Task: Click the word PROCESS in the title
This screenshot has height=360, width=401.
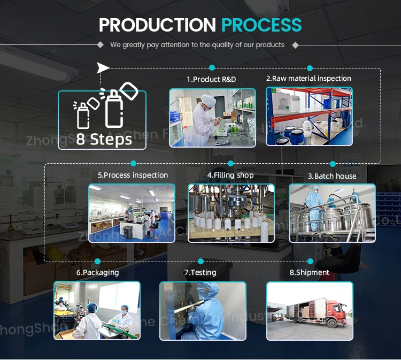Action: click(x=261, y=25)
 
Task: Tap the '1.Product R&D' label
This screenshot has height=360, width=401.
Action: click(x=211, y=79)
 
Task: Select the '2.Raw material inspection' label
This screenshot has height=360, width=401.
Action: click(x=309, y=78)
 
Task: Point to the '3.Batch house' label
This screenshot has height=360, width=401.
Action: click(x=331, y=176)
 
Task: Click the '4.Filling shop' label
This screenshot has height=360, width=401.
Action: click(x=230, y=175)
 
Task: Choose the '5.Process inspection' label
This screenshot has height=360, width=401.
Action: click(x=133, y=175)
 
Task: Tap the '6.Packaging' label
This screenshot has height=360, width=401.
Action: click(x=97, y=272)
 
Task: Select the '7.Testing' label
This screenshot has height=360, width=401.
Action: click(x=200, y=272)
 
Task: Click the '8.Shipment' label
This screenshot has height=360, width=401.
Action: click(x=310, y=272)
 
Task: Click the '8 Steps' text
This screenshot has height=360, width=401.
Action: click(x=104, y=139)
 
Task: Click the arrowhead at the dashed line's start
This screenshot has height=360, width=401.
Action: click(x=104, y=67)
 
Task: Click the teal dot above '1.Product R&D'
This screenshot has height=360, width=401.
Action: click(x=212, y=68)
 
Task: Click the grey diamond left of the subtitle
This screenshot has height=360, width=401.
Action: click(x=101, y=45)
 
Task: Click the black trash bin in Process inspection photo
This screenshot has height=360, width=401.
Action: click(x=128, y=231)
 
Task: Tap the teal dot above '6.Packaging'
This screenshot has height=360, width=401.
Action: click(x=97, y=261)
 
